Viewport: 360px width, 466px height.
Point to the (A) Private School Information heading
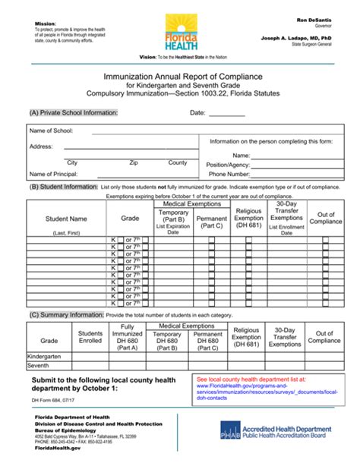point(74,113)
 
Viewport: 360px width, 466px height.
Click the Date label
point(197,113)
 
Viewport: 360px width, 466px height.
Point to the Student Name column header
point(66,219)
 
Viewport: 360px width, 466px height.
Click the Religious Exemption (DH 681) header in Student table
point(248,218)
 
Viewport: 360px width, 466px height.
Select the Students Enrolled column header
point(90,337)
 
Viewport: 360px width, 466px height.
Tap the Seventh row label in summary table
point(39,365)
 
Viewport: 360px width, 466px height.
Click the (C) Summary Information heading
point(62,314)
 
